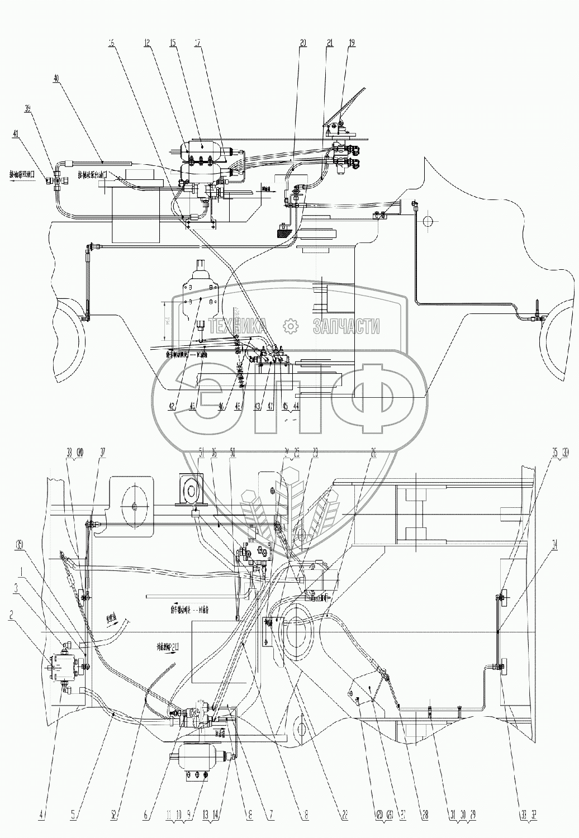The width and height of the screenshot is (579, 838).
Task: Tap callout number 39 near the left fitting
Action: click(28, 107)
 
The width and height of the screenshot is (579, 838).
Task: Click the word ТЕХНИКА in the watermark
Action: click(237, 326)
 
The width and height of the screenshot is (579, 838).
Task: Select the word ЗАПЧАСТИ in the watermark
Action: click(347, 326)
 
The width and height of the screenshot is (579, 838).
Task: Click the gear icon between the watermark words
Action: click(291, 326)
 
